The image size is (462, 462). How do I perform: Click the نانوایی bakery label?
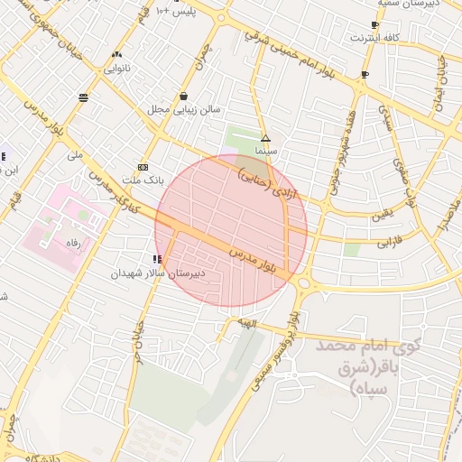coord(117,68)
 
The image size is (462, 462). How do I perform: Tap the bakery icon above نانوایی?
coord(117,54)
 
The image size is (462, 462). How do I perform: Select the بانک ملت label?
coord(143,180)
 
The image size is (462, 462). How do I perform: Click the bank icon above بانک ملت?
coord(143,167)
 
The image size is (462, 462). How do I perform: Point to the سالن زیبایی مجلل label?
coord(184,109)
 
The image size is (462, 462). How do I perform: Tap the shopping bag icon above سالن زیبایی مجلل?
coord(184,96)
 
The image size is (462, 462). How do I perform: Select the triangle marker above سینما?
coord(265,138)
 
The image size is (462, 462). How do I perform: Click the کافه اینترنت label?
coord(374,38)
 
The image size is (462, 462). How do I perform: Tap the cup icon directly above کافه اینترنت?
coord(374,24)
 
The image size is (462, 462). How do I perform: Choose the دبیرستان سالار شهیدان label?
coord(163,272)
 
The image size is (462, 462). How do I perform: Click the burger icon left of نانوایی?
coord(84,97)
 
